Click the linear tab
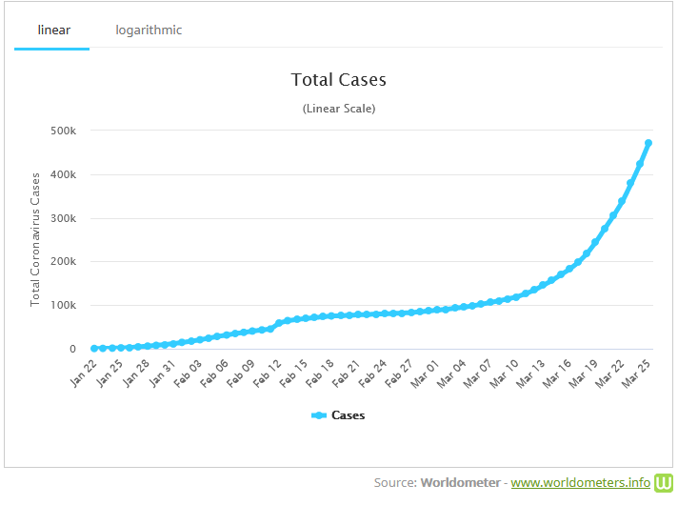point(52,30)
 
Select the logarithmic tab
point(149,30)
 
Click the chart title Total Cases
point(338,80)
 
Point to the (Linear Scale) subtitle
point(338,109)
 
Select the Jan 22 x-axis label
point(85,374)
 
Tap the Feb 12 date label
point(269,374)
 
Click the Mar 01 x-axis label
point(427,374)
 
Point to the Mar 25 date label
point(636,374)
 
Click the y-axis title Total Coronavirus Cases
point(35,238)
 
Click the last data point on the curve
point(648,143)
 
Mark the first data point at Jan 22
point(94,349)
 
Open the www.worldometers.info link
point(581,483)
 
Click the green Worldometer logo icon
point(664,482)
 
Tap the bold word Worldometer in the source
point(460,483)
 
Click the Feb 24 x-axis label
point(374,374)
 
